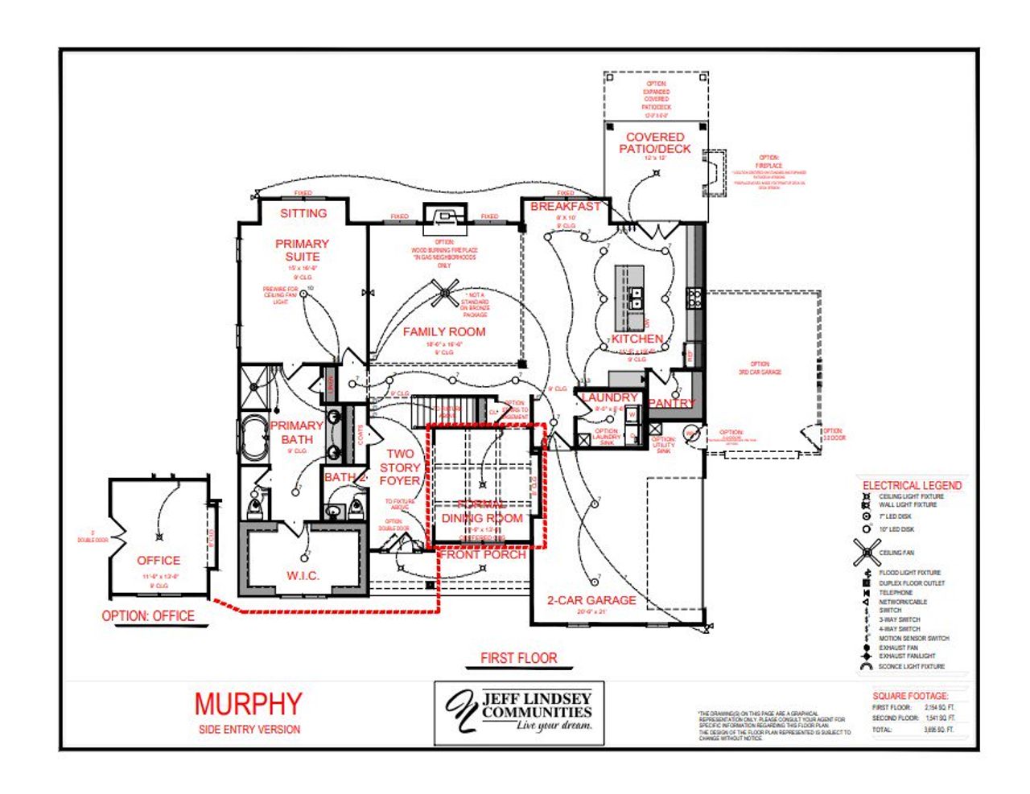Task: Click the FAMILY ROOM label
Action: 444,331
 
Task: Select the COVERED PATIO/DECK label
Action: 655,142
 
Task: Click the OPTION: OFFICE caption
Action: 148,616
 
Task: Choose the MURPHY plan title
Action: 249,704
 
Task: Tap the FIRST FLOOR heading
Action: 518,658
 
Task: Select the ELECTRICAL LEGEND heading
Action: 912,485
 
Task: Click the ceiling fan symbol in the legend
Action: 867,552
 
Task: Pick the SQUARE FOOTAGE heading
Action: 910,696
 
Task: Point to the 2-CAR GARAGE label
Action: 591,600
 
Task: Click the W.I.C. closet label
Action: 303,576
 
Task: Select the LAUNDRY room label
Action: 609,397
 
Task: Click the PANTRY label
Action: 671,403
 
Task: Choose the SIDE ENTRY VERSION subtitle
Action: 249,729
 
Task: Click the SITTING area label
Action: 303,213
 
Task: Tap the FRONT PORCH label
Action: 483,554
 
